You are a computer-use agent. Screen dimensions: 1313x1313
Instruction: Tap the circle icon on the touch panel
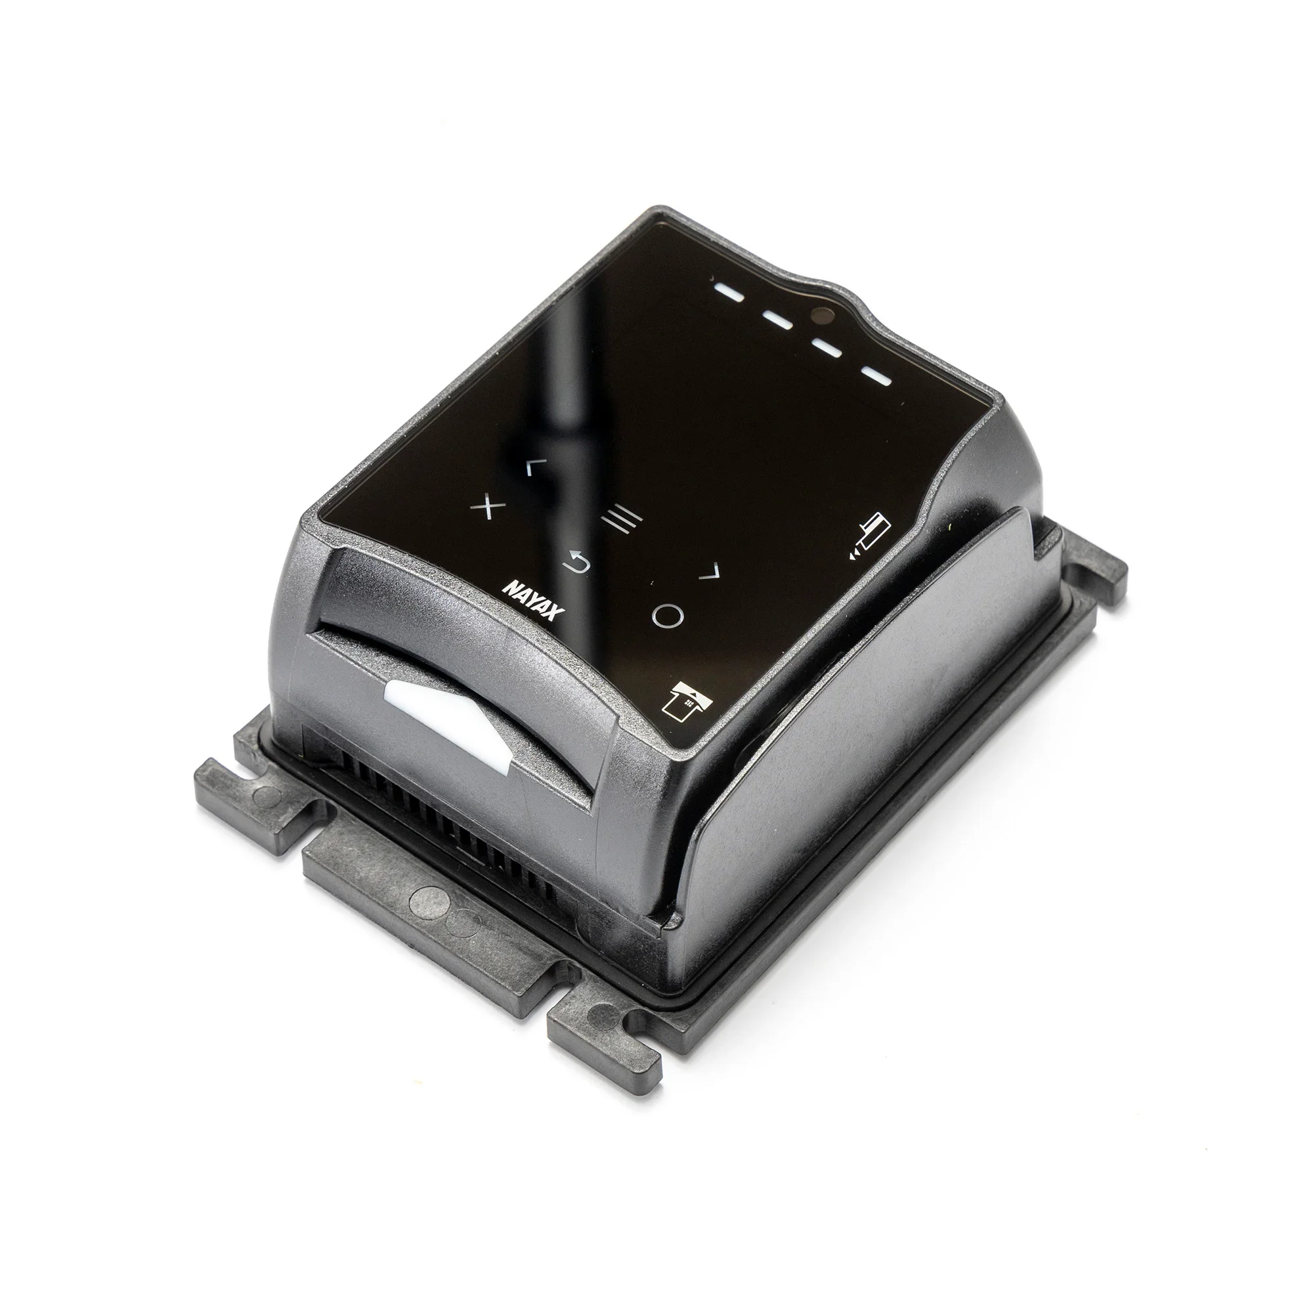(668, 615)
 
